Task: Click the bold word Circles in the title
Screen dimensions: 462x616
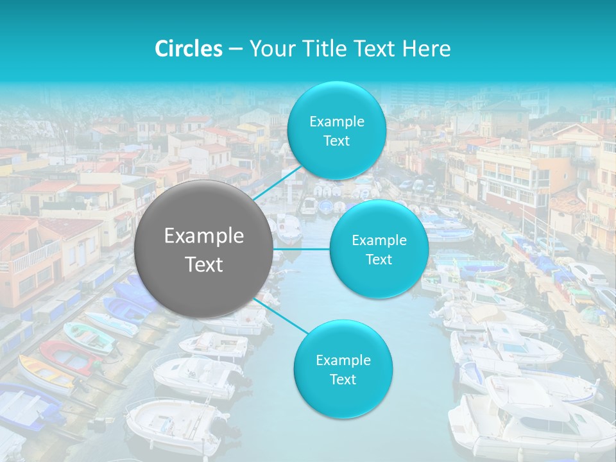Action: coord(189,49)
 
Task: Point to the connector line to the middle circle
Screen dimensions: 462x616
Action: coord(302,249)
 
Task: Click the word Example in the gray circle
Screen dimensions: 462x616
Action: coord(204,236)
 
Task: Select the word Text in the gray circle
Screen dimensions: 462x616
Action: coord(204,264)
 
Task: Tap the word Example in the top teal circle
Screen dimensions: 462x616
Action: coord(337,122)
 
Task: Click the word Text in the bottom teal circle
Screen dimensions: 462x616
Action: coord(343,380)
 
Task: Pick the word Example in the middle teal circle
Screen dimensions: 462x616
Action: coord(379,241)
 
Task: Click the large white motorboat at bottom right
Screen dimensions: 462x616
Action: coord(526,417)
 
